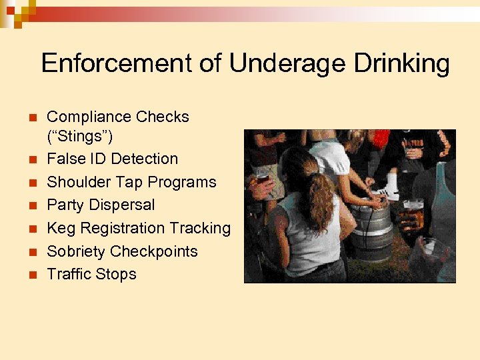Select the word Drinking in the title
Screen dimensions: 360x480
[x=402, y=64]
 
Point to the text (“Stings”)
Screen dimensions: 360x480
[x=79, y=137]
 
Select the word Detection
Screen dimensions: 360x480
[x=144, y=159]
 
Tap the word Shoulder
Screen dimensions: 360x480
[x=79, y=182]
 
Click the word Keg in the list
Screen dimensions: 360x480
[x=61, y=228]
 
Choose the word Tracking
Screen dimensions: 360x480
[x=200, y=228]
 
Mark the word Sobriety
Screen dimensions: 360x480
[x=77, y=251]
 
